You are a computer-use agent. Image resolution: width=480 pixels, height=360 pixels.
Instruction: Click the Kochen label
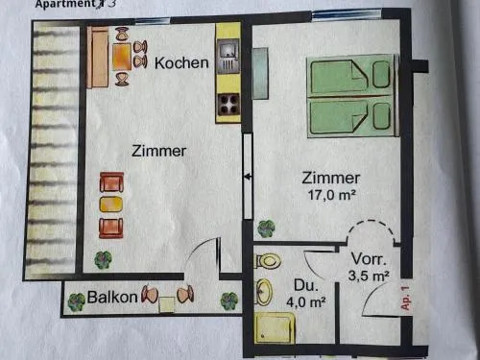pos(181,62)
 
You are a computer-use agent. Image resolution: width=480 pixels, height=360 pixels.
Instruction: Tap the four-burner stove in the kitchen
pos(228,105)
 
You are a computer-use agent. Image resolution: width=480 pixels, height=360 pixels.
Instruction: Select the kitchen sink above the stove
pos(228,55)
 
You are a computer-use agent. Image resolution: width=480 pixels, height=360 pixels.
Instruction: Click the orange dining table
pos(122,57)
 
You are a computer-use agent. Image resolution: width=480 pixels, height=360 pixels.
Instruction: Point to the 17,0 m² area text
pos(332,195)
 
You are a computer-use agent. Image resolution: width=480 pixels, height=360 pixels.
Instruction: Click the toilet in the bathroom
pos(268,261)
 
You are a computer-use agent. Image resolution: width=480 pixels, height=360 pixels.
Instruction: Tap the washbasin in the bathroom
pos(264,292)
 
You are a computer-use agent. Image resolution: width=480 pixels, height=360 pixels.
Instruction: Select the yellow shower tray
pos(275,327)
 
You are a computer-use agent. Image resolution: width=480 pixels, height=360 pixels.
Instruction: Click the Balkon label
pos(112,297)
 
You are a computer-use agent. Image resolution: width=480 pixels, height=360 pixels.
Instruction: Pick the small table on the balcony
pos(167,304)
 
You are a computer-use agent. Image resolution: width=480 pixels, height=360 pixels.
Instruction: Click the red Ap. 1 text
pos(405,298)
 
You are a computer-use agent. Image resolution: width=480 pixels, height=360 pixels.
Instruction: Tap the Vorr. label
pos(369,259)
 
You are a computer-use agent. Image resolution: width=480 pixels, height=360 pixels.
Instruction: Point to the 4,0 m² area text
pos(306,301)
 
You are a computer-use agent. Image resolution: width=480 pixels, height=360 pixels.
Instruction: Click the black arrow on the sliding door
pos(248,177)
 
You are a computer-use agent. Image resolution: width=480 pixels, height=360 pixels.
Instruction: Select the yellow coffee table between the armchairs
pos(111,204)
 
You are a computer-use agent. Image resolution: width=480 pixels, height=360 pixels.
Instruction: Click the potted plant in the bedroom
pos(266,228)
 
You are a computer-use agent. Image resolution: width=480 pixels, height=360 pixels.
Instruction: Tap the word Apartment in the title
pos(65,4)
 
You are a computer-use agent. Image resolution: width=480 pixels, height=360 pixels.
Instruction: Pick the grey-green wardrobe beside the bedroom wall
pos(260,73)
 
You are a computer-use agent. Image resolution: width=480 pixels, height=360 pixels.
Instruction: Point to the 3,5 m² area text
pos(369,276)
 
